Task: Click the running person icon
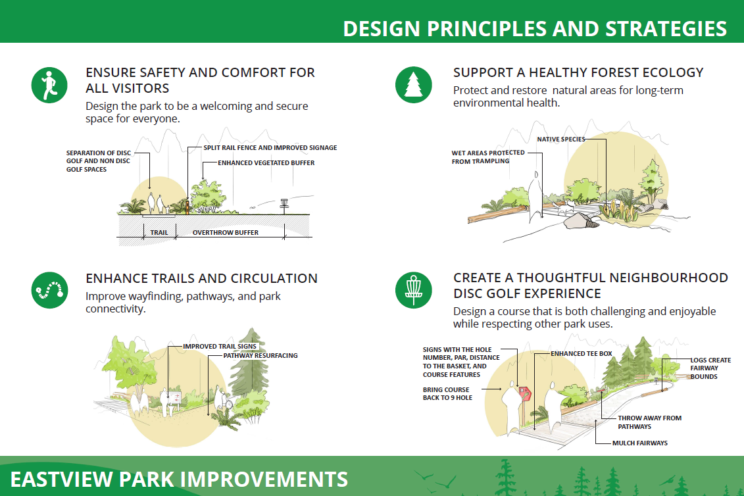(x=49, y=85)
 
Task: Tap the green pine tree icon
(x=413, y=85)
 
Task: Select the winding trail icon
(x=49, y=290)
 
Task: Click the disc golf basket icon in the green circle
(x=413, y=290)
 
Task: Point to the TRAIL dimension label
(x=159, y=233)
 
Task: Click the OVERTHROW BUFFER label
(x=226, y=233)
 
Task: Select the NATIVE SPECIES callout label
(x=561, y=139)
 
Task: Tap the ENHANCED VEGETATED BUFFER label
(x=266, y=162)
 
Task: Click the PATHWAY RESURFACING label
(x=260, y=355)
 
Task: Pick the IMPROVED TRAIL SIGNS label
(x=220, y=347)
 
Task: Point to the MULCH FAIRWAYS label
(x=639, y=443)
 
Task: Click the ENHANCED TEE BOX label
(x=582, y=354)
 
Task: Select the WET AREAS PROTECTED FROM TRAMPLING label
(x=487, y=157)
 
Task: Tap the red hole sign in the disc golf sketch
(x=524, y=393)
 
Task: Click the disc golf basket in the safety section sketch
(x=284, y=205)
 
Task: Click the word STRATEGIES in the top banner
(x=666, y=29)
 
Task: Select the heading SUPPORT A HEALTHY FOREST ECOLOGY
(x=578, y=72)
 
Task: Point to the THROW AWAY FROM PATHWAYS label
(x=649, y=422)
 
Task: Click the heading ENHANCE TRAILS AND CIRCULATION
(x=202, y=278)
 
